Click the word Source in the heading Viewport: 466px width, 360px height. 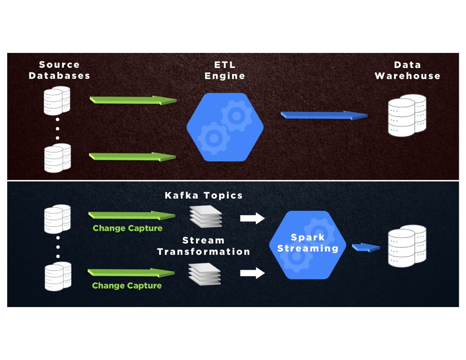pos(59,65)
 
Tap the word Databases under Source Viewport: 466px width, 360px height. pos(59,76)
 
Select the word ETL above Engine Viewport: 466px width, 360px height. pos(225,65)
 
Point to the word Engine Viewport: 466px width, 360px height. pos(225,76)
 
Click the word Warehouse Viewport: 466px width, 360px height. pos(408,76)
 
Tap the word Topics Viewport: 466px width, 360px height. pos(223,195)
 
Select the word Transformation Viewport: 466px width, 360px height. pos(204,252)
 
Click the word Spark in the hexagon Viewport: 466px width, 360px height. pos(308,237)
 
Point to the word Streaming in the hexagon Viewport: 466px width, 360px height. pos(308,248)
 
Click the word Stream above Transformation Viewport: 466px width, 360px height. pos(204,241)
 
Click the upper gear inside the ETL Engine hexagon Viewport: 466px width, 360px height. pos(236,114)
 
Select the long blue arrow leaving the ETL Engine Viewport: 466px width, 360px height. pos(324,115)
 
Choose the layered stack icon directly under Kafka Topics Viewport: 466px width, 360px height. pos(205,215)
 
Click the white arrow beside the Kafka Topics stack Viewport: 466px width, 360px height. pos(252,218)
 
